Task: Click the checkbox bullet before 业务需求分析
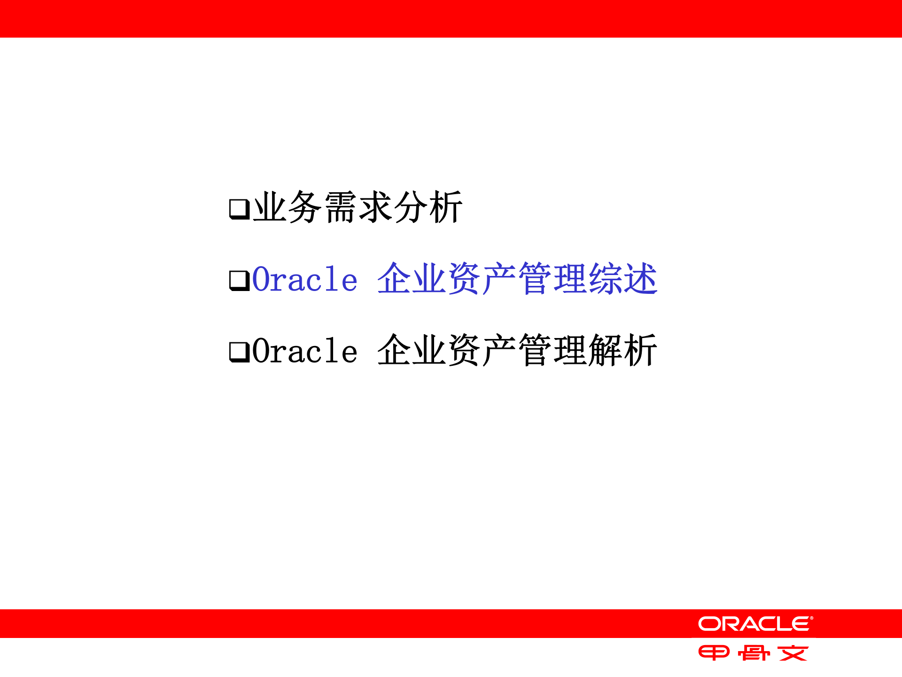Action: (239, 209)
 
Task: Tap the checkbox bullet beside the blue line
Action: (239, 281)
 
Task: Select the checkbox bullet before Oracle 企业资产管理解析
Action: (239, 352)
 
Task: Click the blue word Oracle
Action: (305, 280)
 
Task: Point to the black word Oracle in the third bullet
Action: (305, 351)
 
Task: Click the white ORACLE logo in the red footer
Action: (755, 624)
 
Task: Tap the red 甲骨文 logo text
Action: (753, 653)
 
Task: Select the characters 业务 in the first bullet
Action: (288, 207)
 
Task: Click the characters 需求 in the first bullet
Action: (358, 207)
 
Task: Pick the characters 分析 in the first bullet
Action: (428, 207)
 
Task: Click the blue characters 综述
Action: (622, 279)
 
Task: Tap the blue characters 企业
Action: (412, 279)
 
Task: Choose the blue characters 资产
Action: (482, 279)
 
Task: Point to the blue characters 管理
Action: (553, 279)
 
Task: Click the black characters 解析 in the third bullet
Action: (622, 350)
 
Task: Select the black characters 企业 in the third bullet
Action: (412, 350)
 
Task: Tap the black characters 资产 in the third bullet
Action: (482, 350)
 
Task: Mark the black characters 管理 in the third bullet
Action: (553, 350)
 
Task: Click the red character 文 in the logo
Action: (793, 653)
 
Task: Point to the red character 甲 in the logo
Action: (714, 653)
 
